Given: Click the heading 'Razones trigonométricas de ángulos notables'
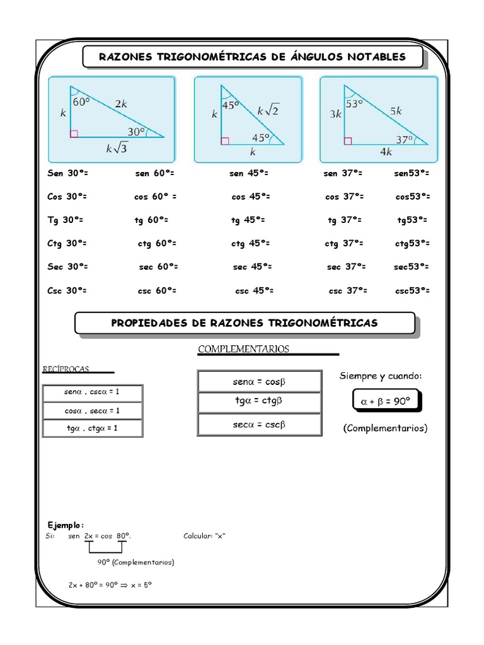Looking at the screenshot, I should [x=252, y=57].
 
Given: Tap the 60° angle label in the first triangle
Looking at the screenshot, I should [x=82, y=101].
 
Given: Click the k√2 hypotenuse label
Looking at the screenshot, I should [x=267, y=110].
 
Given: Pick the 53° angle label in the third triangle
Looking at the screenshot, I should [x=354, y=104].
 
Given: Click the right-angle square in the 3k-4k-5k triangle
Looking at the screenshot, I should [x=348, y=141].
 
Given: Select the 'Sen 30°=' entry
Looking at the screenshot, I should [x=67, y=173].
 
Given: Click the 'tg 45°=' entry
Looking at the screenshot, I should [x=248, y=220].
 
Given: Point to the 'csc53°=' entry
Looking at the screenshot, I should [x=413, y=290].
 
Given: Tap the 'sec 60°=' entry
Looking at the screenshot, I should [x=158, y=266].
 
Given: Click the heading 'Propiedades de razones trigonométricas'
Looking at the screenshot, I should [x=245, y=323].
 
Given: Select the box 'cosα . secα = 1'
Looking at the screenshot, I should [x=93, y=411].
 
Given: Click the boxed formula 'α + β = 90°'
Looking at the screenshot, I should [x=384, y=401].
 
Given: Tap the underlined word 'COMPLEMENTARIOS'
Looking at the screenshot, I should [x=243, y=348].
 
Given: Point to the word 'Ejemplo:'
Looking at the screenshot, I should [x=66, y=525].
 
